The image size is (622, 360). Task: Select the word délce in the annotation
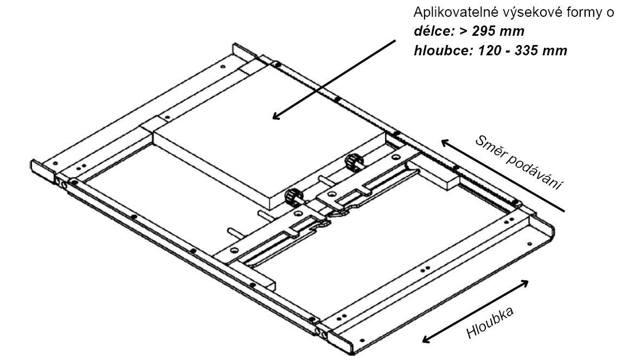(429, 31)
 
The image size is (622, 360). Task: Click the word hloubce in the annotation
(437, 51)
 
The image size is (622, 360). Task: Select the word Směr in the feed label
(491, 150)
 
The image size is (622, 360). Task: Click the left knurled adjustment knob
(293, 196)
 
